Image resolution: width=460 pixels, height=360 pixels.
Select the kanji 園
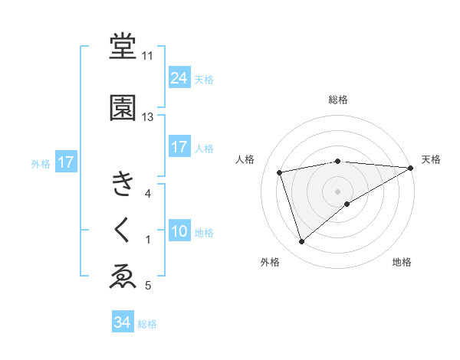click(123, 108)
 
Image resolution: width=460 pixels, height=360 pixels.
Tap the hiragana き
click(123, 184)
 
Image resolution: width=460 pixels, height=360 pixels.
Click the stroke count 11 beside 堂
click(147, 56)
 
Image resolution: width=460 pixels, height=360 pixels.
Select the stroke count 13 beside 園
click(147, 117)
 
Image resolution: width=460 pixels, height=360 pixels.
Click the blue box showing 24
click(179, 78)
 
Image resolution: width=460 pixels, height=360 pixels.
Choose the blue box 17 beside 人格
click(179, 147)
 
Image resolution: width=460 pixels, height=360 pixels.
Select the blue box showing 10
click(179, 231)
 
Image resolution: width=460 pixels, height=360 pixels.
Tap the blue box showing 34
click(122, 322)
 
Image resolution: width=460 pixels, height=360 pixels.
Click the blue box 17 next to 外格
click(65, 162)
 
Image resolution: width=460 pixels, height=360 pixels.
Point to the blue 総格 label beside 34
click(148, 324)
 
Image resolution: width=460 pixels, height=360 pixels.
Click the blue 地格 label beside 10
click(205, 232)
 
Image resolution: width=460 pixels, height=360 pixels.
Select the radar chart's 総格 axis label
click(338, 100)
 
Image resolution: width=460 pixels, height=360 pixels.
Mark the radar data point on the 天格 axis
click(411, 167)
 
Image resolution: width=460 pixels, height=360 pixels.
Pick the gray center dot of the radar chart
click(338, 191)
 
